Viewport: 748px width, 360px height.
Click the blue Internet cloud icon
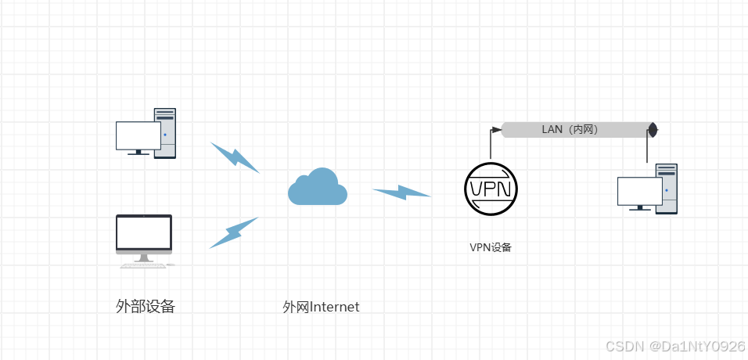[x=317, y=187]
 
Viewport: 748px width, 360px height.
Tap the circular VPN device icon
[x=491, y=188]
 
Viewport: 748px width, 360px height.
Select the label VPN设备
[x=491, y=247]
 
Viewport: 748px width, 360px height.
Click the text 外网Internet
[x=321, y=307]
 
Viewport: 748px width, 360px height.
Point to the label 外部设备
[x=145, y=306]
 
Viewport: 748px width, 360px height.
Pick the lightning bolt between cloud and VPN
[x=401, y=192]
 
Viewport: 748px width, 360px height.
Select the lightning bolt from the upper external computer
[x=235, y=157]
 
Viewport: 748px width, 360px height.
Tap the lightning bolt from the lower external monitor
[x=233, y=232]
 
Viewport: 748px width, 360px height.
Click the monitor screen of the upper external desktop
[x=138, y=135]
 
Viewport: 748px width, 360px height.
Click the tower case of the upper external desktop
[x=165, y=133]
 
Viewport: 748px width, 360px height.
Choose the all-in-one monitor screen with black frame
[x=144, y=232]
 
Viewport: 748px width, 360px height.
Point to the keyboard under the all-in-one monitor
[x=142, y=266]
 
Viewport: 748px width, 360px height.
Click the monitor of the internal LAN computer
[x=639, y=191]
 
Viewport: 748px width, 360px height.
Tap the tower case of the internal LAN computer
[x=667, y=188]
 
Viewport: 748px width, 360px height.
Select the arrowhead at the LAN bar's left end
[x=496, y=129]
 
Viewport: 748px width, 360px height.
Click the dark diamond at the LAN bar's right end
[x=653, y=129]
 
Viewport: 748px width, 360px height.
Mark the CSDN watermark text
[x=624, y=345]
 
